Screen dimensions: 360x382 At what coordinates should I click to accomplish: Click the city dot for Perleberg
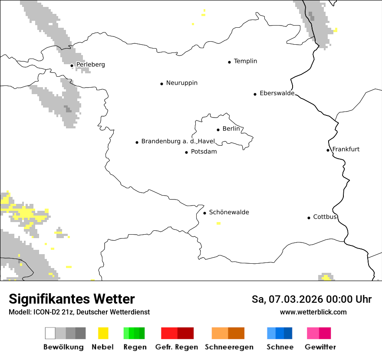tap(72, 65)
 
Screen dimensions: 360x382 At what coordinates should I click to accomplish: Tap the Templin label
tap(245, 61)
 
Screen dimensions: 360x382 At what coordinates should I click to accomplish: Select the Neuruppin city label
tap(181, 83)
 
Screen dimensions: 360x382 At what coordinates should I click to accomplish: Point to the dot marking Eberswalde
tap(255, 94)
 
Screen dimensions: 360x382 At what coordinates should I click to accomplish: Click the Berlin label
tap(231, 129)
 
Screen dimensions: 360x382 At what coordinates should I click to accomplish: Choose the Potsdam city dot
tap(187, 152)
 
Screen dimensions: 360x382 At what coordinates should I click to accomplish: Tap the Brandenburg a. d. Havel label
tap(178, 141)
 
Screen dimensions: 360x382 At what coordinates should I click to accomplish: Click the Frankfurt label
tap(346, 149)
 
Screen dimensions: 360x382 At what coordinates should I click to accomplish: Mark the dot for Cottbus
tap(309, 218)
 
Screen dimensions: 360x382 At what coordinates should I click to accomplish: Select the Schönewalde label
tap(229, 212)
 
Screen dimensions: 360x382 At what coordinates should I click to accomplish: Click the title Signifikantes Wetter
tap(72, 299)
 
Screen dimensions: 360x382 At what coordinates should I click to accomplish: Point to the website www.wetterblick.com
tap(313, 312)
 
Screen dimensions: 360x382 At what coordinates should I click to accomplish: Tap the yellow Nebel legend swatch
tap(103, 333)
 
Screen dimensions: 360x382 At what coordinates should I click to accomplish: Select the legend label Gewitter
tap(320, 347)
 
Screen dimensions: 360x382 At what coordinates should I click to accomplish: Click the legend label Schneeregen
tap(229, 347)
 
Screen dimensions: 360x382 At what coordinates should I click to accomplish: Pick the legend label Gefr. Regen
tap(177, 347)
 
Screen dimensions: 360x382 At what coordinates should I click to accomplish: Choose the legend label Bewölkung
tap(63, 347)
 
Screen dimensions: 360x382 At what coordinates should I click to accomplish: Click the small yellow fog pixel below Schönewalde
tap(218, 223)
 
